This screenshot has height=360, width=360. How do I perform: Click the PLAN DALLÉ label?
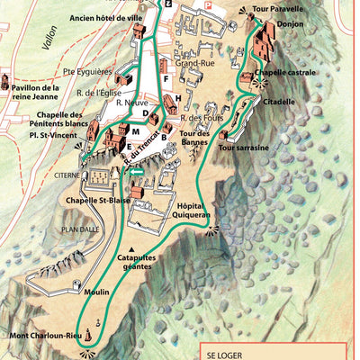81,229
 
